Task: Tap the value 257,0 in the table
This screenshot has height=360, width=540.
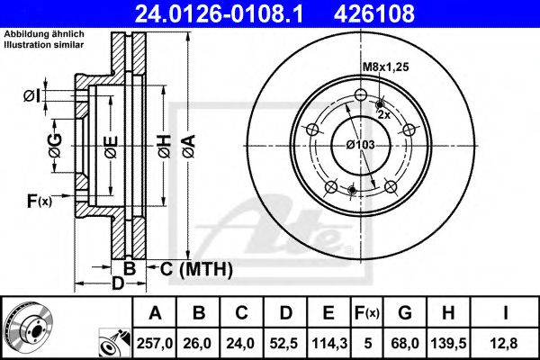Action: [155, 342]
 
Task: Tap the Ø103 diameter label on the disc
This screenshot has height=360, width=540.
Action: [361, 144]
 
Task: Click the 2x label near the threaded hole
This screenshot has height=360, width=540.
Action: [382, 115]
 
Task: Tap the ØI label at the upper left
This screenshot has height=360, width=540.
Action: [31, 94]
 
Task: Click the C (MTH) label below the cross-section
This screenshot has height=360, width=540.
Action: [197, 268]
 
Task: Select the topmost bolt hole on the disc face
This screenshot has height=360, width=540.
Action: [361, 97]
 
